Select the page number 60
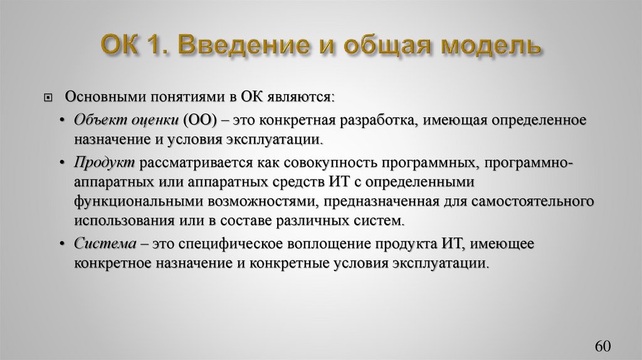click(x=602, y=347)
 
